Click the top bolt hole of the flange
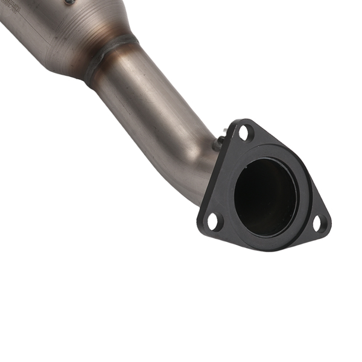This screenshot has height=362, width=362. click(x=244, y=132)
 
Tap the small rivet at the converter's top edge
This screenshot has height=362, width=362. click(x=69, y=2)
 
